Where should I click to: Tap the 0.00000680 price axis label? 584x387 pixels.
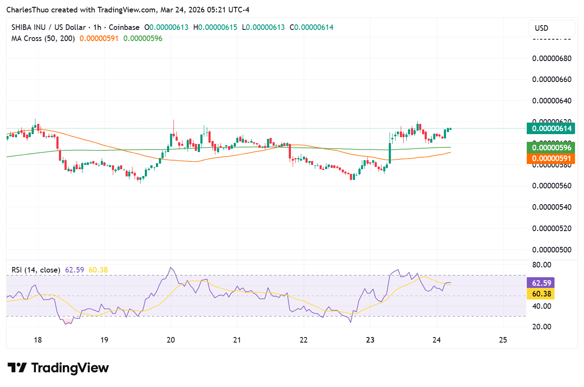tap(552, 59)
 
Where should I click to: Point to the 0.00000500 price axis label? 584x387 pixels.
tap(552, 250)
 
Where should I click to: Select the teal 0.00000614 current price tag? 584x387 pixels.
tap(551, 129)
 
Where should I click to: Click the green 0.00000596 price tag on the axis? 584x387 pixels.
tap(551, 148)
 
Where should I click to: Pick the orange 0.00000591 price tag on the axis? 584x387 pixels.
tap(551, 158)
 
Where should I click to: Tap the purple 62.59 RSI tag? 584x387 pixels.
tap(541, 283)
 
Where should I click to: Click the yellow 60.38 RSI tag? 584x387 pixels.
tap(541, 294)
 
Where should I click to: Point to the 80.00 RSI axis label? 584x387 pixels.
tap(542, 265)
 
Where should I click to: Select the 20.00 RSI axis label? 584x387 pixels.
tap(542, 327)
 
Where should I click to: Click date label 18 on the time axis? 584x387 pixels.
tap(38, 340)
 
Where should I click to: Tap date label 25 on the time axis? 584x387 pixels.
tap(503, 340)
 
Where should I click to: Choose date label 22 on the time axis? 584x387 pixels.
tap(304, 340)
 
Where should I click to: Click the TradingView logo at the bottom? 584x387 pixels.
tap(59, 368)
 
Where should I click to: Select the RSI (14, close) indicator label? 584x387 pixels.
tap(36, 270)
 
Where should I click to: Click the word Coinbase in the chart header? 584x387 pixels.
tap(124, 27)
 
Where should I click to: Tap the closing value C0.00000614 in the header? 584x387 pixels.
tap(311, 27)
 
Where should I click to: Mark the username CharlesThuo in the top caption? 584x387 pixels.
tap(27, 10)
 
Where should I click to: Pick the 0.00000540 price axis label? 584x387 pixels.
tap(552, 207)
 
